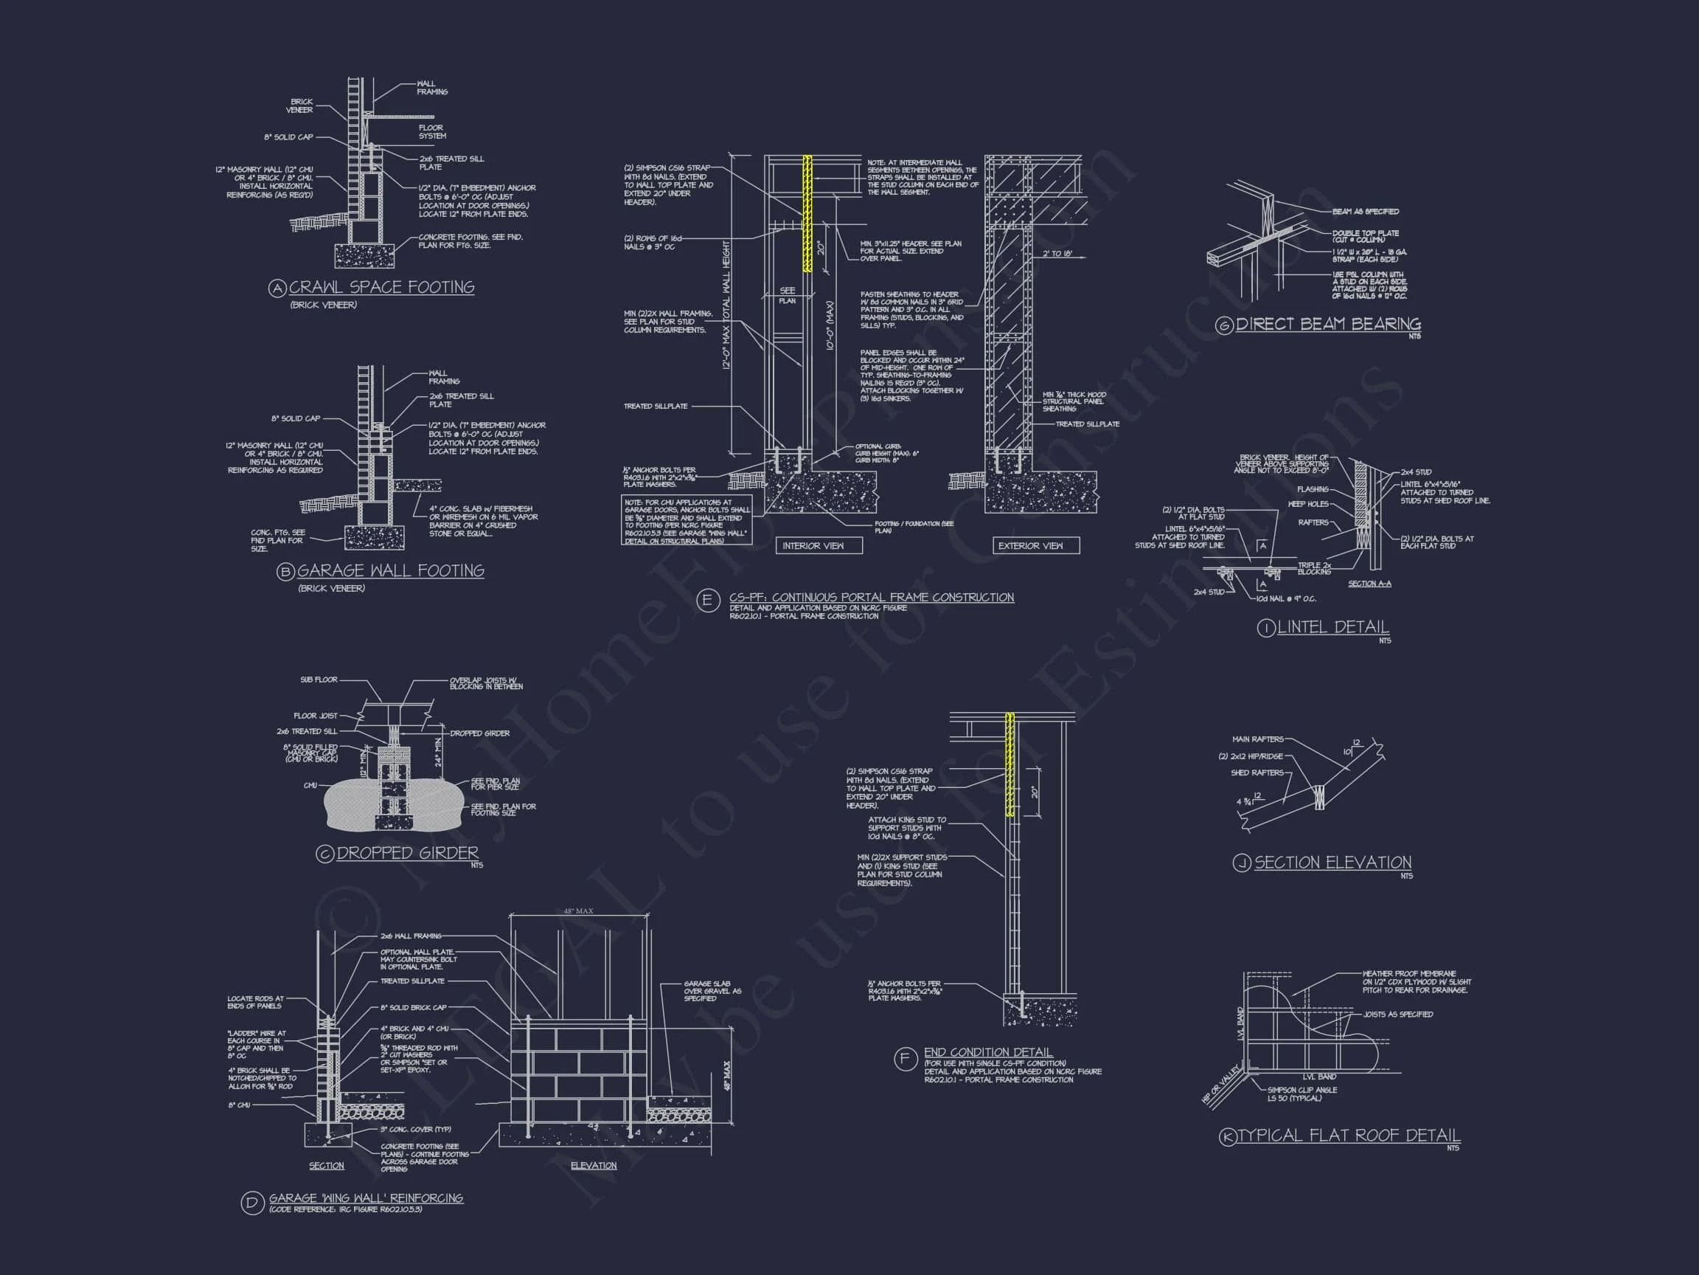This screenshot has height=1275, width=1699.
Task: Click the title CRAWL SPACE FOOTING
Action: pyautogui.click(x=382, y=288)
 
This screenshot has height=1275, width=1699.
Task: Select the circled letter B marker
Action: pyautogui.click(x=285, y=572)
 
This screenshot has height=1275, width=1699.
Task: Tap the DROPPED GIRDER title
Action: pyautogui.click(x=407, y=853)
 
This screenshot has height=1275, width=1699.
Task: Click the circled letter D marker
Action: pyautogui.click(x=252, y=1203)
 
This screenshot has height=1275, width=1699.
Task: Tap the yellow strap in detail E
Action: pyautogui.click(x=807, y=214)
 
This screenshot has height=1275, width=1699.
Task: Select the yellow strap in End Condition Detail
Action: pyautogui.click(x=1010, y=764)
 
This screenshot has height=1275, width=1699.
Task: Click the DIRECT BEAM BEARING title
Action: pyautogui.click(x=1328, y=325)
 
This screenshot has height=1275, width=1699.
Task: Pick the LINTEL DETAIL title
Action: pyautogui.click(x=1333, y=627)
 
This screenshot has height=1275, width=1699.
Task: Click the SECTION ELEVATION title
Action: pyautogui.click(x=1333, y=863)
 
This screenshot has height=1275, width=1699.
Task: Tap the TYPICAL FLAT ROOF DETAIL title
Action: pyautogui.click(x=1349, y=1135)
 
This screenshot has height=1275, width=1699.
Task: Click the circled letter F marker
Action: pyautogui.click(x=905, y=1058)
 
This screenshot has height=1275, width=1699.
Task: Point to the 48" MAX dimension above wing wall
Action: pyautogui.click(x=578, y=911)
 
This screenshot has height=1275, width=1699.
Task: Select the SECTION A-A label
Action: pyautogui.click(x=1369, y=584)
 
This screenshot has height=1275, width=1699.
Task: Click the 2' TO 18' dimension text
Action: pyautogui.click(x=1057, y=254)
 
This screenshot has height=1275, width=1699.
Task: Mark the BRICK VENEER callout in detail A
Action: pyautogui.click(x=300, y=106)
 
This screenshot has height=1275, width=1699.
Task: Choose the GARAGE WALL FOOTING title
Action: pyautogui.click(x=390, y=571)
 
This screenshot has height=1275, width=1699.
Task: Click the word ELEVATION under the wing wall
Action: pyautogui.click(x=593, y=1166)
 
